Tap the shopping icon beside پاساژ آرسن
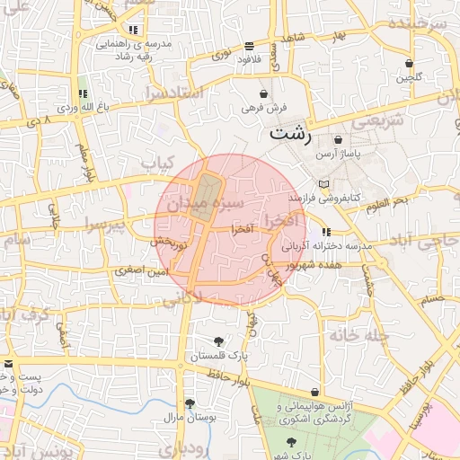coord(339,140)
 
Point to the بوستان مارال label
coord(188,419)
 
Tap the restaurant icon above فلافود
coord(249,46)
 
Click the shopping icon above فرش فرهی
coord(263,93)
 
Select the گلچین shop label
coord(409,78)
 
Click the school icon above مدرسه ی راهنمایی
coord(134,30)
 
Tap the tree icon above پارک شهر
coord(292,441)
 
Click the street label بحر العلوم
coord(387,205)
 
